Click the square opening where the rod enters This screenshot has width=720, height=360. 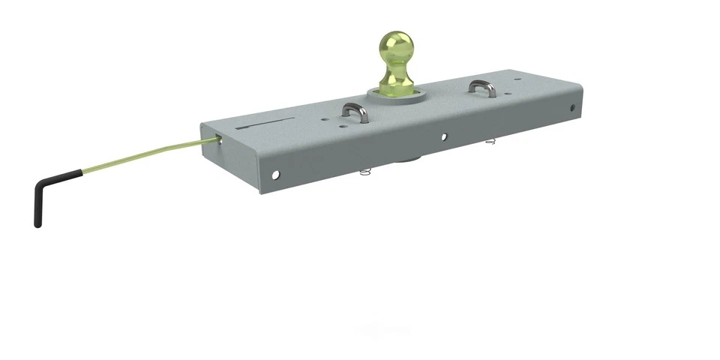tap(217, 139)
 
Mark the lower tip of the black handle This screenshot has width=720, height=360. tap(37, 223)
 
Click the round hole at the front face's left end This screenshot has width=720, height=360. tap(275, 175)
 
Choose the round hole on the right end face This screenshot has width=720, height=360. tap(575, 108)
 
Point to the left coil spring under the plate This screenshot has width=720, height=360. tap(365, 172)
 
